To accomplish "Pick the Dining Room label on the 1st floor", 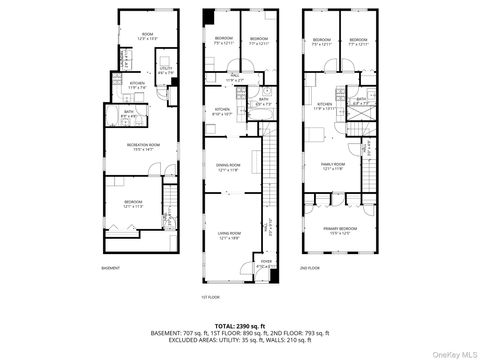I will [231, 168].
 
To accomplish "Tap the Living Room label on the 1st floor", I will [231, 236].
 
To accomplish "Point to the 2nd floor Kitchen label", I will [326, 105].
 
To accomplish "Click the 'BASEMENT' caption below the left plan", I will [112, 268].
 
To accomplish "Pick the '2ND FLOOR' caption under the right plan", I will [311, 268].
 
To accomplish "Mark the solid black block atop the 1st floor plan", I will [207, 17].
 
